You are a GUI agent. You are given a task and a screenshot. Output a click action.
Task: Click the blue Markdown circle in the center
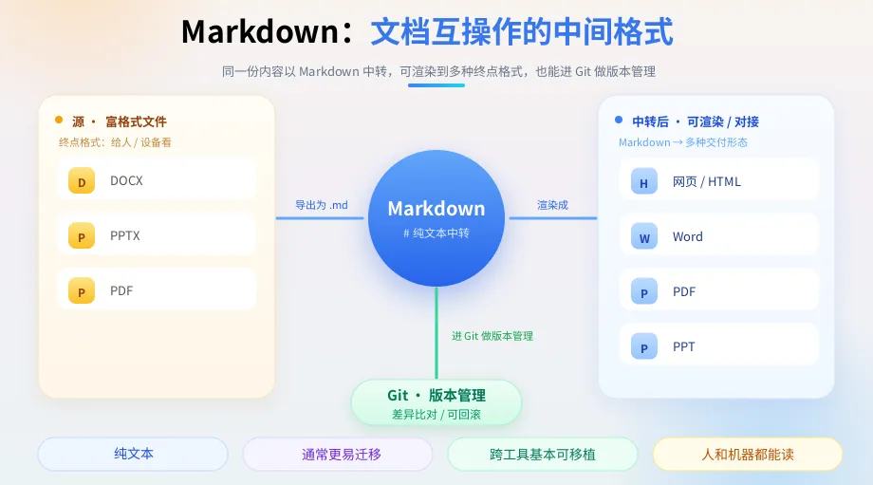[x=436, y=218]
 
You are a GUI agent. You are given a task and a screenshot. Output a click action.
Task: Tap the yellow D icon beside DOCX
[x=82, y=181]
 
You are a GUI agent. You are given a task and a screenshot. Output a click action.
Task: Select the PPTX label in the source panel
[x=124, y=235]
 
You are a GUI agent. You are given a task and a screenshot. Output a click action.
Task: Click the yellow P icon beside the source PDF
[x=82, y=290]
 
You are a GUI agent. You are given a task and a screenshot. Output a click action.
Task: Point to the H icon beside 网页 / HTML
[x=644, y=181]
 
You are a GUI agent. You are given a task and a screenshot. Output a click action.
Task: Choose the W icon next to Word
[x=644, y=236]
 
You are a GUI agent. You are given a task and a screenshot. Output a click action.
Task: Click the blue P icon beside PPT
[x=644, y=346]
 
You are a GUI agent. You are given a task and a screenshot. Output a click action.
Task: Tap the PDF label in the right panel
[x=684, y=291]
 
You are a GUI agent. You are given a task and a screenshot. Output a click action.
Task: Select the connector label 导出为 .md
[x=322, y=205]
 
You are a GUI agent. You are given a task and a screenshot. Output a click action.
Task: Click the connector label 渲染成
[x=552, y=205]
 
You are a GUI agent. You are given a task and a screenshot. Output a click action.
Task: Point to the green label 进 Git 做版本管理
[x=492, y=336]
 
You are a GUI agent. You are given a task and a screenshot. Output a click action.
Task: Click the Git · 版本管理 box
[x=436, y=402]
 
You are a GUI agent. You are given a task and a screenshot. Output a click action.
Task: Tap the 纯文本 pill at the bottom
[x=133, y=454]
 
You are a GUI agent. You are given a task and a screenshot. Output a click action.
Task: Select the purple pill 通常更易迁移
[x=338, y=455]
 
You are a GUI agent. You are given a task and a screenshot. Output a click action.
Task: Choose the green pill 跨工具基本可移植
[x=542, y=455]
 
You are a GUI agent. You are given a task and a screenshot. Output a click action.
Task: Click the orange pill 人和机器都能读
[x=747, y=455]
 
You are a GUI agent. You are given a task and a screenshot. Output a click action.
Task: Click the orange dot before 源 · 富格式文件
[x=59, y=120]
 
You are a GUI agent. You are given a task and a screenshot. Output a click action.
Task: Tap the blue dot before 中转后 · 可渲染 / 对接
[x=619, y=120]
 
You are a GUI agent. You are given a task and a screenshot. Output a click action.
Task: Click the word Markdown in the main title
[x=260, y=31]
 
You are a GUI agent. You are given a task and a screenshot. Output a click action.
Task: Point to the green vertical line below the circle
[x=436, y=333]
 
